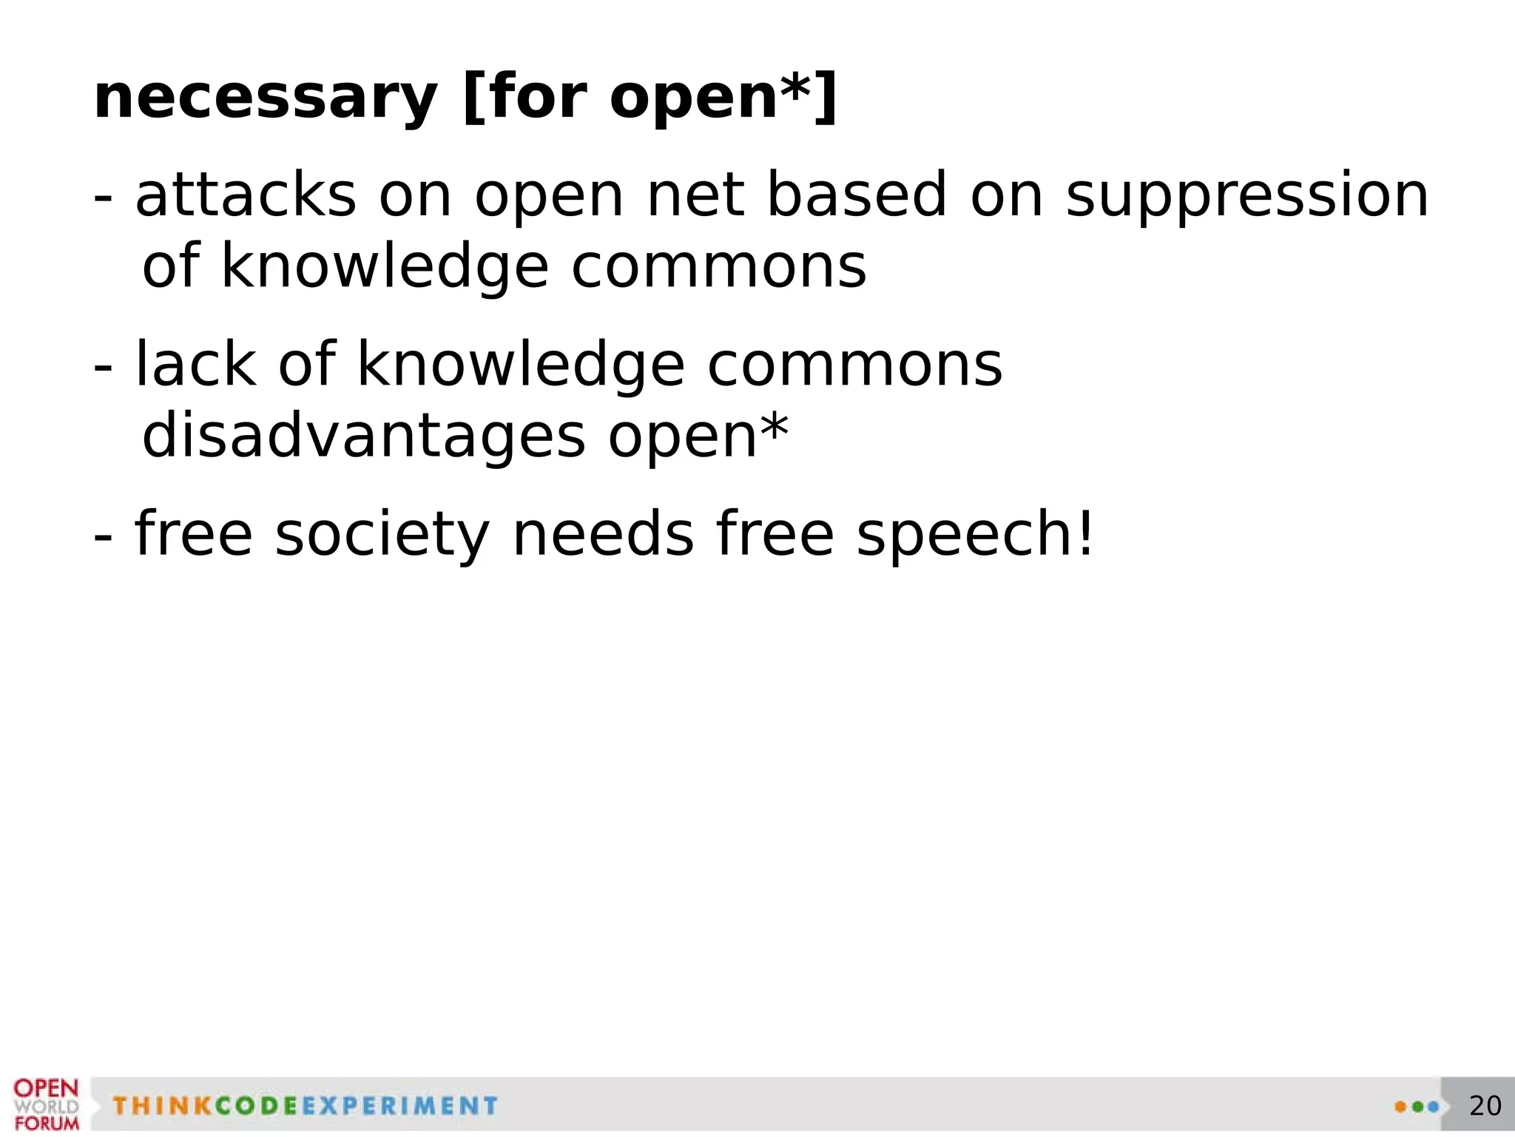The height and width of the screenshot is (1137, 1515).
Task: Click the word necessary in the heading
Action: pos(266,98)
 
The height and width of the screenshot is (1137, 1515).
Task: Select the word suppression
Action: pos(1247,197)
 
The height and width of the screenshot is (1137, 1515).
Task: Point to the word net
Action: pos(695,197)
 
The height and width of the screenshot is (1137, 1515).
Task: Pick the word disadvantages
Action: pos(363,436)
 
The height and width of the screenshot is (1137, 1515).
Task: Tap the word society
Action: pos(382,534)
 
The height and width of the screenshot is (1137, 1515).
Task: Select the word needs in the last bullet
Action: pos(603,534)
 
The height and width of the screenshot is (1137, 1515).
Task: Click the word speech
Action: pos(965,534)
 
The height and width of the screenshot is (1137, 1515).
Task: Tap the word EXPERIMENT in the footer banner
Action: pos(399,1106)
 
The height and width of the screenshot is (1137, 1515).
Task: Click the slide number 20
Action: pos(1485,1106)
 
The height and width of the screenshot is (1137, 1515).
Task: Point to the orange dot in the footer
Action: pos(1400,1107)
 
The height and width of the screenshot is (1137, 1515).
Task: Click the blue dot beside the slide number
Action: pos(1433,1107)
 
